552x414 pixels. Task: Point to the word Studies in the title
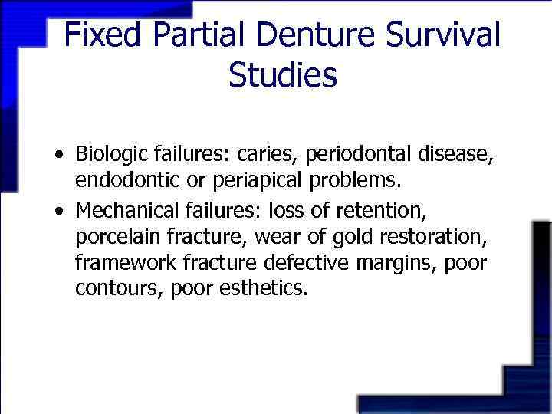coord(282,75)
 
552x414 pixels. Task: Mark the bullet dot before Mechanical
coord(60,210)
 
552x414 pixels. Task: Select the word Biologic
coord(108,155)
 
